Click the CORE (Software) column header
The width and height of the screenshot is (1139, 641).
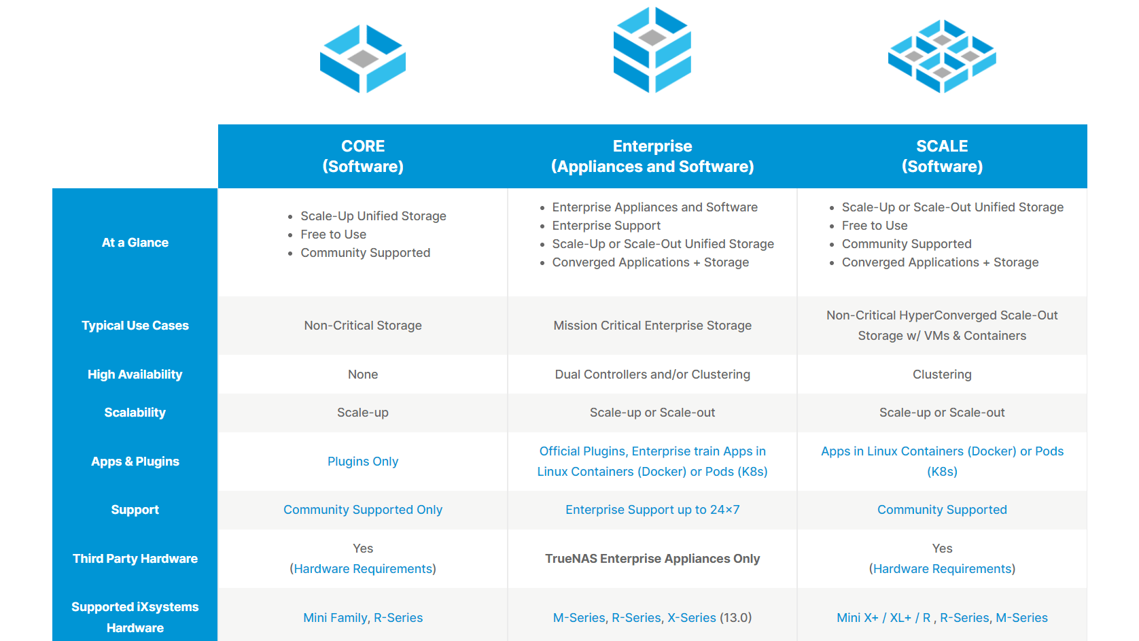click(362, 156)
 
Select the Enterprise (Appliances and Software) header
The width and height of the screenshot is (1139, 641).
click(652, 156)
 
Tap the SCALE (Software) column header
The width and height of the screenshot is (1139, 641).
click(942, 156)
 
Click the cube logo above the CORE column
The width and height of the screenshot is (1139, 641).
click(362, 58)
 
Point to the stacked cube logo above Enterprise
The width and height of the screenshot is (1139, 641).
click(652, 50)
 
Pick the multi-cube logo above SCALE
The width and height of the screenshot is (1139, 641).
click(942, 56)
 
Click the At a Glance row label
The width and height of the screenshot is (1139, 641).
click(135, 243)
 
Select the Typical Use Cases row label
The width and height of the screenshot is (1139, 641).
click(135, 326)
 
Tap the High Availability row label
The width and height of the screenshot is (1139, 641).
click(135, 375)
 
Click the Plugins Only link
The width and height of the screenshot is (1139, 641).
click(362, 462)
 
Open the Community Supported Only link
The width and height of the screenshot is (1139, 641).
click(362, 510)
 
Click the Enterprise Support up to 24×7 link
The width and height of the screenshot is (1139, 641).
click(652, 510)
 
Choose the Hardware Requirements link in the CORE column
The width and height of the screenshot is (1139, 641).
click(363, 569)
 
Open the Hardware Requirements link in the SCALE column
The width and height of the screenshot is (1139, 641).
click(942, 569)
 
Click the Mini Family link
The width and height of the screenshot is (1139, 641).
click(335, 618)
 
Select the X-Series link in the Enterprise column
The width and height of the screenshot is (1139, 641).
click(692, 618)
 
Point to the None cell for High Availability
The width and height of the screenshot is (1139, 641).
click(362, 375)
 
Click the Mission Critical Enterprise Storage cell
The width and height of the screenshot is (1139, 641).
click(652, 326)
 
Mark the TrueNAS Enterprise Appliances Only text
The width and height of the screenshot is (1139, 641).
click(652, 559)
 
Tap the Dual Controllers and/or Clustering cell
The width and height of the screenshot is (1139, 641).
click(652, 375)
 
